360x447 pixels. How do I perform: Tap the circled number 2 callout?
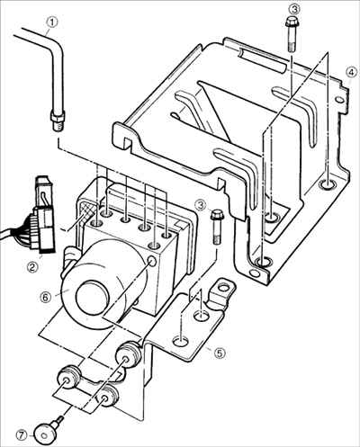click(32, 266)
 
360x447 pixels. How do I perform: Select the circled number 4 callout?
click(351, 72)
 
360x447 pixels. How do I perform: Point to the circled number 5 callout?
click(220, 353)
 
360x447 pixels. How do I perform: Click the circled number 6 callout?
click(45, 297)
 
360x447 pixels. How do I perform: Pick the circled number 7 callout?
click(21, 434)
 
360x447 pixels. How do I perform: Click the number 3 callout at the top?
click(294, 9)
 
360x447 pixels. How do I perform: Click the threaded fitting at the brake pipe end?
click(58, 121)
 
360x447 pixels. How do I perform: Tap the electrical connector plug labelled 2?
click(43, 219)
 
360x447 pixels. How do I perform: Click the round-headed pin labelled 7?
click(47, 429)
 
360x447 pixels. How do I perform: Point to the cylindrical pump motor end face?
click(92, 297)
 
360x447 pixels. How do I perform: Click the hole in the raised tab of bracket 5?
click(223, 288)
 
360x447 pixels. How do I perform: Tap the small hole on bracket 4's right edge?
click(339, 99)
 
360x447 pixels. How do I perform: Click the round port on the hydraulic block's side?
click(152, 262)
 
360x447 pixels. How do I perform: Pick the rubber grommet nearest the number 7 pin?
click(68, 379)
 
